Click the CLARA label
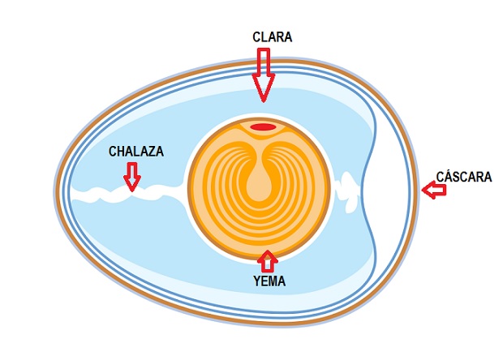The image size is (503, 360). (272, 37)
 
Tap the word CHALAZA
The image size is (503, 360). (137, 152)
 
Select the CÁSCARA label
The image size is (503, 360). (463, 176)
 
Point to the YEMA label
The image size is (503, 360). (269, 282)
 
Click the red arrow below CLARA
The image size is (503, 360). (264, 74)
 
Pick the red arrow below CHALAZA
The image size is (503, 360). (131, 175)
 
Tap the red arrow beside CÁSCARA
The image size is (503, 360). (434, 191)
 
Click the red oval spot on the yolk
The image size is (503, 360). (262, 127)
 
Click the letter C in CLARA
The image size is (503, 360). (256, 37)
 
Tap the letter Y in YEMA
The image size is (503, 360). (256, 282)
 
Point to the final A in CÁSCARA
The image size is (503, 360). (487, 176)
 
